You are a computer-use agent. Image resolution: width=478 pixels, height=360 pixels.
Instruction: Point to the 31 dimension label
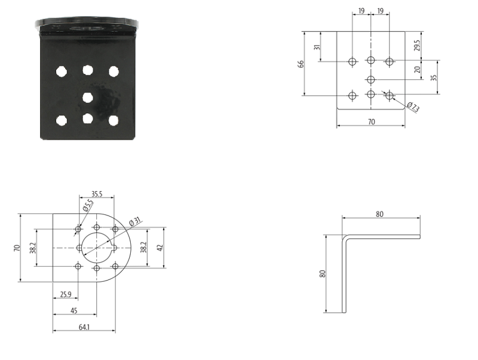click(x=317, y=48)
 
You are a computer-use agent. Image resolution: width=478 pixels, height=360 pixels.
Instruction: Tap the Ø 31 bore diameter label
click(x=135, y=221)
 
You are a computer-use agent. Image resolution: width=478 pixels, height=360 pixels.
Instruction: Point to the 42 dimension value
click(x=160, y=247)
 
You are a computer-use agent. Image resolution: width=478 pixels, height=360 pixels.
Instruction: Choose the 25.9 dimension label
click(x=66, y=294)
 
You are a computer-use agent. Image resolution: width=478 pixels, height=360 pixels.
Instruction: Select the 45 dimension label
click(x=73, y=310)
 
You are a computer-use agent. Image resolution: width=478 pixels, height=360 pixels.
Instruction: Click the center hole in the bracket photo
click(x=88, y=97)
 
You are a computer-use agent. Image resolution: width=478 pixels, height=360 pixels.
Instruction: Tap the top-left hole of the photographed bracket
click(x=62, y=72)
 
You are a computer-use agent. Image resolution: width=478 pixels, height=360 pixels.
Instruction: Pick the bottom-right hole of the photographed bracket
click(x=114, y=121)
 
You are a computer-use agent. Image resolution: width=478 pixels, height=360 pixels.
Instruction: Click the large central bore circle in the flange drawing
click(x=97, y=248)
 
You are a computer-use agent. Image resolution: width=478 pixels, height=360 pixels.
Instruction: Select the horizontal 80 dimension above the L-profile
click(x=380, y=214)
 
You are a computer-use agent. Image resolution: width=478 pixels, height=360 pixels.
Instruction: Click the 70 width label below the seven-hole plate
click(x=371, y=122)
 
